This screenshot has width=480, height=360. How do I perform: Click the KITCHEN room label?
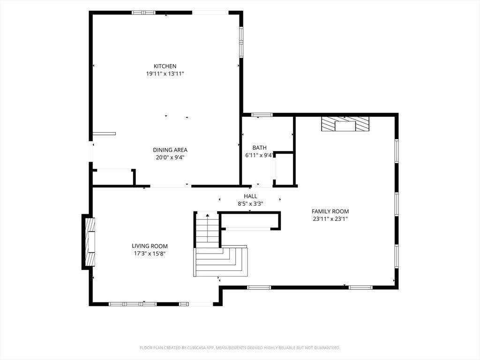pyautogui.click(x=165, y=66)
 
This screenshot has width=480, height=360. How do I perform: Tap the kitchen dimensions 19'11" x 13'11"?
pyautogui.click(x=165, y=74)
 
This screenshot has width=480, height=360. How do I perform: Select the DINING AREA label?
pyautogui.click(x=170, y=150)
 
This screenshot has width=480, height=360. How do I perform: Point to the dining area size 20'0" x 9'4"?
pyautogui.click(x=170, y=157)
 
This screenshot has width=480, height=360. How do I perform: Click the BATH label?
pyautogui.click(x=260, y=148)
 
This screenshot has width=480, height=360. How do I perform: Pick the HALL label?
pyautogui.click(x=250, y=196)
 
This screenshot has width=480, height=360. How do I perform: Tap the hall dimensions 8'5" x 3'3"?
pyautogui.click(x=250, y=204)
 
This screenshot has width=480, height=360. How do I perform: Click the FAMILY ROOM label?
pyautogui.click(x=330, y=211)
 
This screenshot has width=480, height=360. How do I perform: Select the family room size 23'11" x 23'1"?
pyautogui.click(x=330, y=219)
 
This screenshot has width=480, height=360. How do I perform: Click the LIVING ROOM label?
pyautogui.click(x=150, y=246)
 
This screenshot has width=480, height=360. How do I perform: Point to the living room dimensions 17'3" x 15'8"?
pyautogui.click(x=150, y=254)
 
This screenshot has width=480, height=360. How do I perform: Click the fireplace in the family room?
pyautogui.click(x=345, y=124)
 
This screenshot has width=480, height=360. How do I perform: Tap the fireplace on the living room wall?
pyautogui.click(x=90, y=242)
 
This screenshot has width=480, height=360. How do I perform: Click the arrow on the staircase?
pyautogui.click(x=208, y=228)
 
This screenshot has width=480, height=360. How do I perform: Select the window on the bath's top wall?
pyautogui.click(x=262, y=115)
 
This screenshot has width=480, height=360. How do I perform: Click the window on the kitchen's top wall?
pyautogui.click(x=143, y=13)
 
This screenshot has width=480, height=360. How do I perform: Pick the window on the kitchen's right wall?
pyautogui.click(x=241, y=42)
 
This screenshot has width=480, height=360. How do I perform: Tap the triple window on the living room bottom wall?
pyautogui.click(x=133, y=304)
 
